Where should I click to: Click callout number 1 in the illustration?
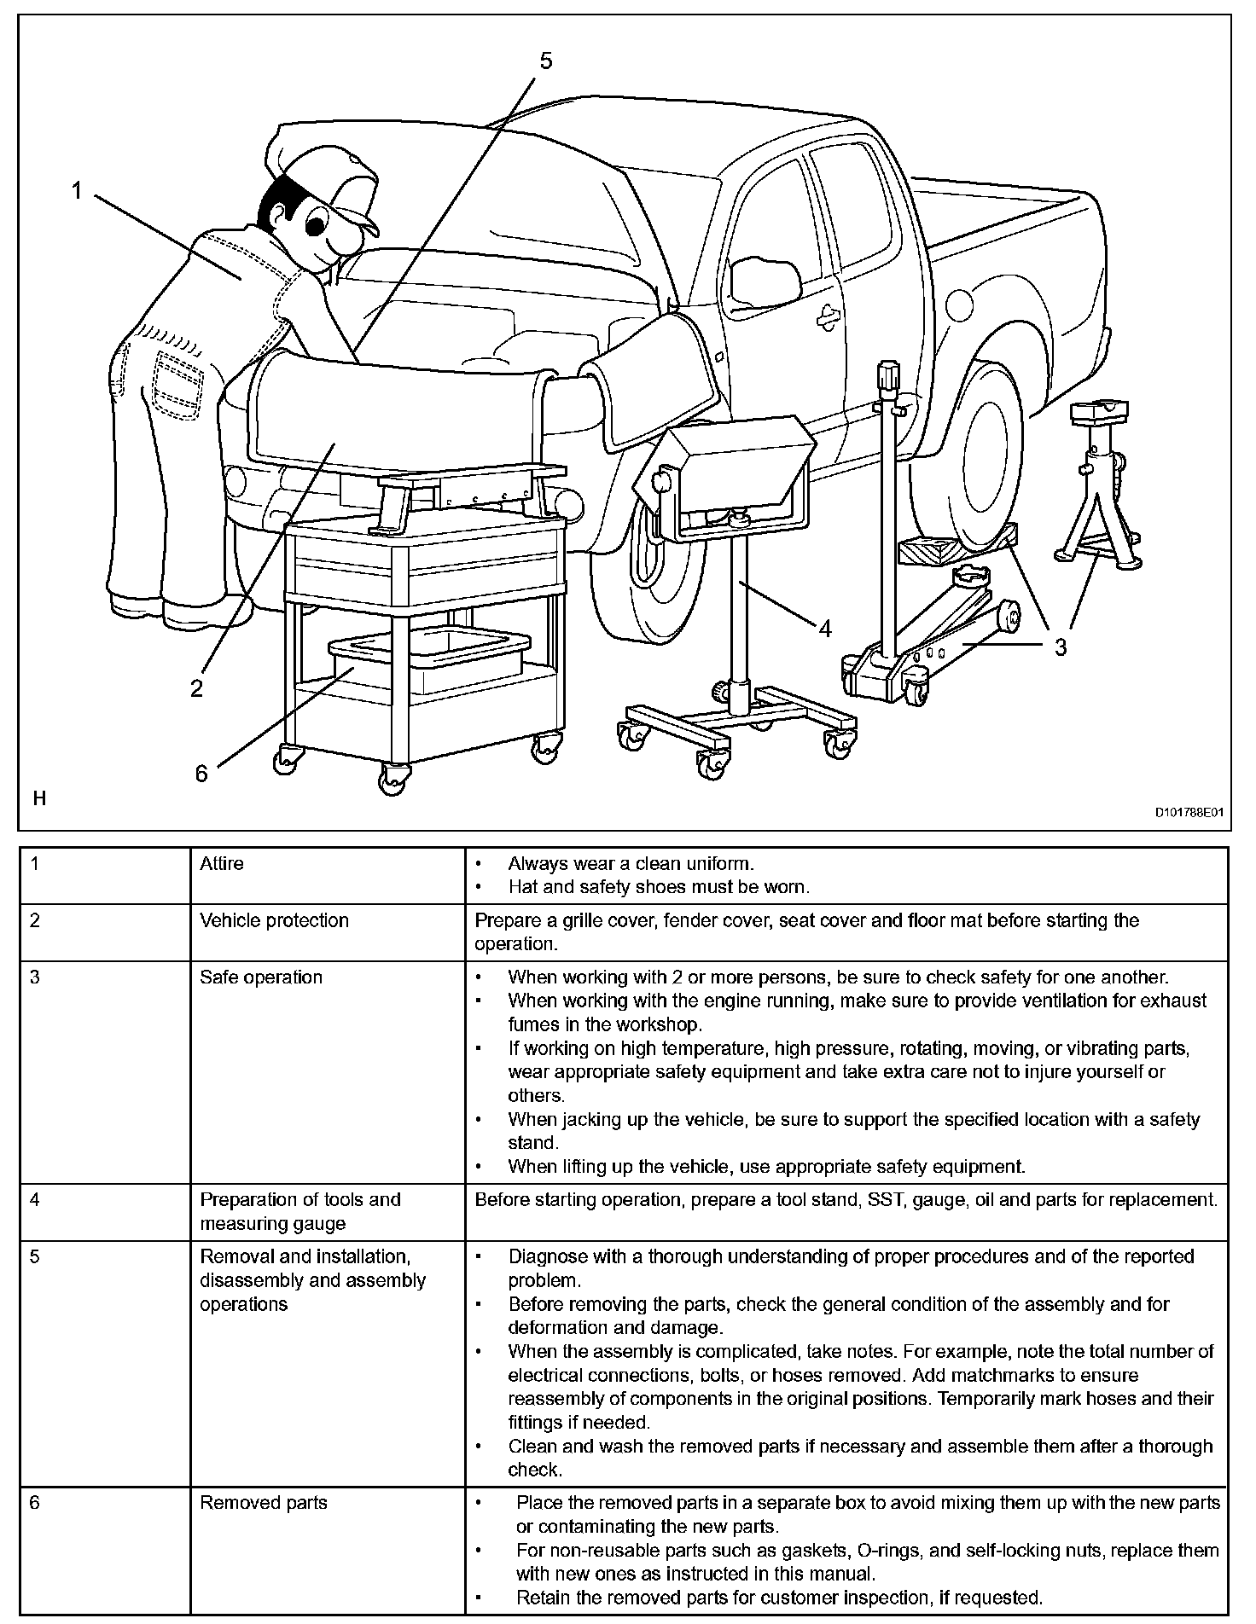[77, 191]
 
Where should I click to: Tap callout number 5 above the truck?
[546, 61]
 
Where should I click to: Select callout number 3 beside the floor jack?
[1060, 647]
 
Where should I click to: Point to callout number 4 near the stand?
[824, 629]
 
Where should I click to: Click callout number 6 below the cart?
[201, 773]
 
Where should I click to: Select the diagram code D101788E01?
[1189, 813]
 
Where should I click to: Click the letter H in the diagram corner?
[38, 799]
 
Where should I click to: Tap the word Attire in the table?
[222, 864]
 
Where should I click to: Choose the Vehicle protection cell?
[274, 920]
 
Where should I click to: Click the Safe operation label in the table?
[261, 977]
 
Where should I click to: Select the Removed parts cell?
[264, 1503]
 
